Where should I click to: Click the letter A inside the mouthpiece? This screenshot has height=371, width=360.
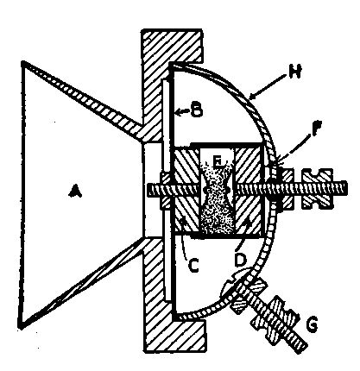[x=75, y=192]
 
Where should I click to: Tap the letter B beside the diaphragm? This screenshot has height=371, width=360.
[x=197, y=110]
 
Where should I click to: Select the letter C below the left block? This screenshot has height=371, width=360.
[x=193, y=265]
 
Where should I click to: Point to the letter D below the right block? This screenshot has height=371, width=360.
[x=241, y=261]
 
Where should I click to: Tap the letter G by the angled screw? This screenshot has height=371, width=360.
[x=312, y=324]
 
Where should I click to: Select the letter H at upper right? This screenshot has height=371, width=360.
[x=294, y=72]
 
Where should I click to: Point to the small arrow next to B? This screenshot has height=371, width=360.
[x=182, y=112]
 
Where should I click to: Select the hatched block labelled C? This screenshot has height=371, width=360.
[x=187, y=191]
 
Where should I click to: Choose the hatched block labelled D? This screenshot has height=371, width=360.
[x=249, y=191]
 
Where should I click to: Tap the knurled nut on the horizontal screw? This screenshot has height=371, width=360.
[x=317, y=188]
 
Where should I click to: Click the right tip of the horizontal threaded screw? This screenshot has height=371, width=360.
[x=347, y=188]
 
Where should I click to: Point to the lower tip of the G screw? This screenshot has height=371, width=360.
[x=302, y=348]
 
